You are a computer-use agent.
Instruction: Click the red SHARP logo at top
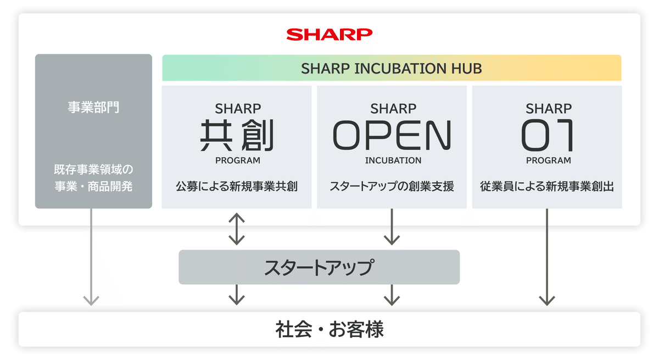point(329,35)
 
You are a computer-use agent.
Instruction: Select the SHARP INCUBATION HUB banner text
point(392,69)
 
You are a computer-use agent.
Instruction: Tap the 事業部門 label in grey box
point(93,107)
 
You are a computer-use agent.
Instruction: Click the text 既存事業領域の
point(93,168)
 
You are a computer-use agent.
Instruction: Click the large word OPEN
point(392,136)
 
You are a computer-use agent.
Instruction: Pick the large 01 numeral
point(548,136)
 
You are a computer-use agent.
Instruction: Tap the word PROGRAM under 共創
point(237,161)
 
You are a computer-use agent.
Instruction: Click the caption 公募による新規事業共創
point(237,187)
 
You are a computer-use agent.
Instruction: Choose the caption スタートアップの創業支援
point(392,187)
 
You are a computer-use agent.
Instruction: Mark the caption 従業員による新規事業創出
point(548,187)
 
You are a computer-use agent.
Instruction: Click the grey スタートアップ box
point(319,267)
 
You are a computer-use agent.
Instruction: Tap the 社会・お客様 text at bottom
point(329,330)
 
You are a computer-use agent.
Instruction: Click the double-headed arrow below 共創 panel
point(236,228)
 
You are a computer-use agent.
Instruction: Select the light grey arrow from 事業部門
point(91,258)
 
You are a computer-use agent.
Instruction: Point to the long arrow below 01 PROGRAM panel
point(547,258)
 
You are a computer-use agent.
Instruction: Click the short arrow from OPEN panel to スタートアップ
point(392,227)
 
